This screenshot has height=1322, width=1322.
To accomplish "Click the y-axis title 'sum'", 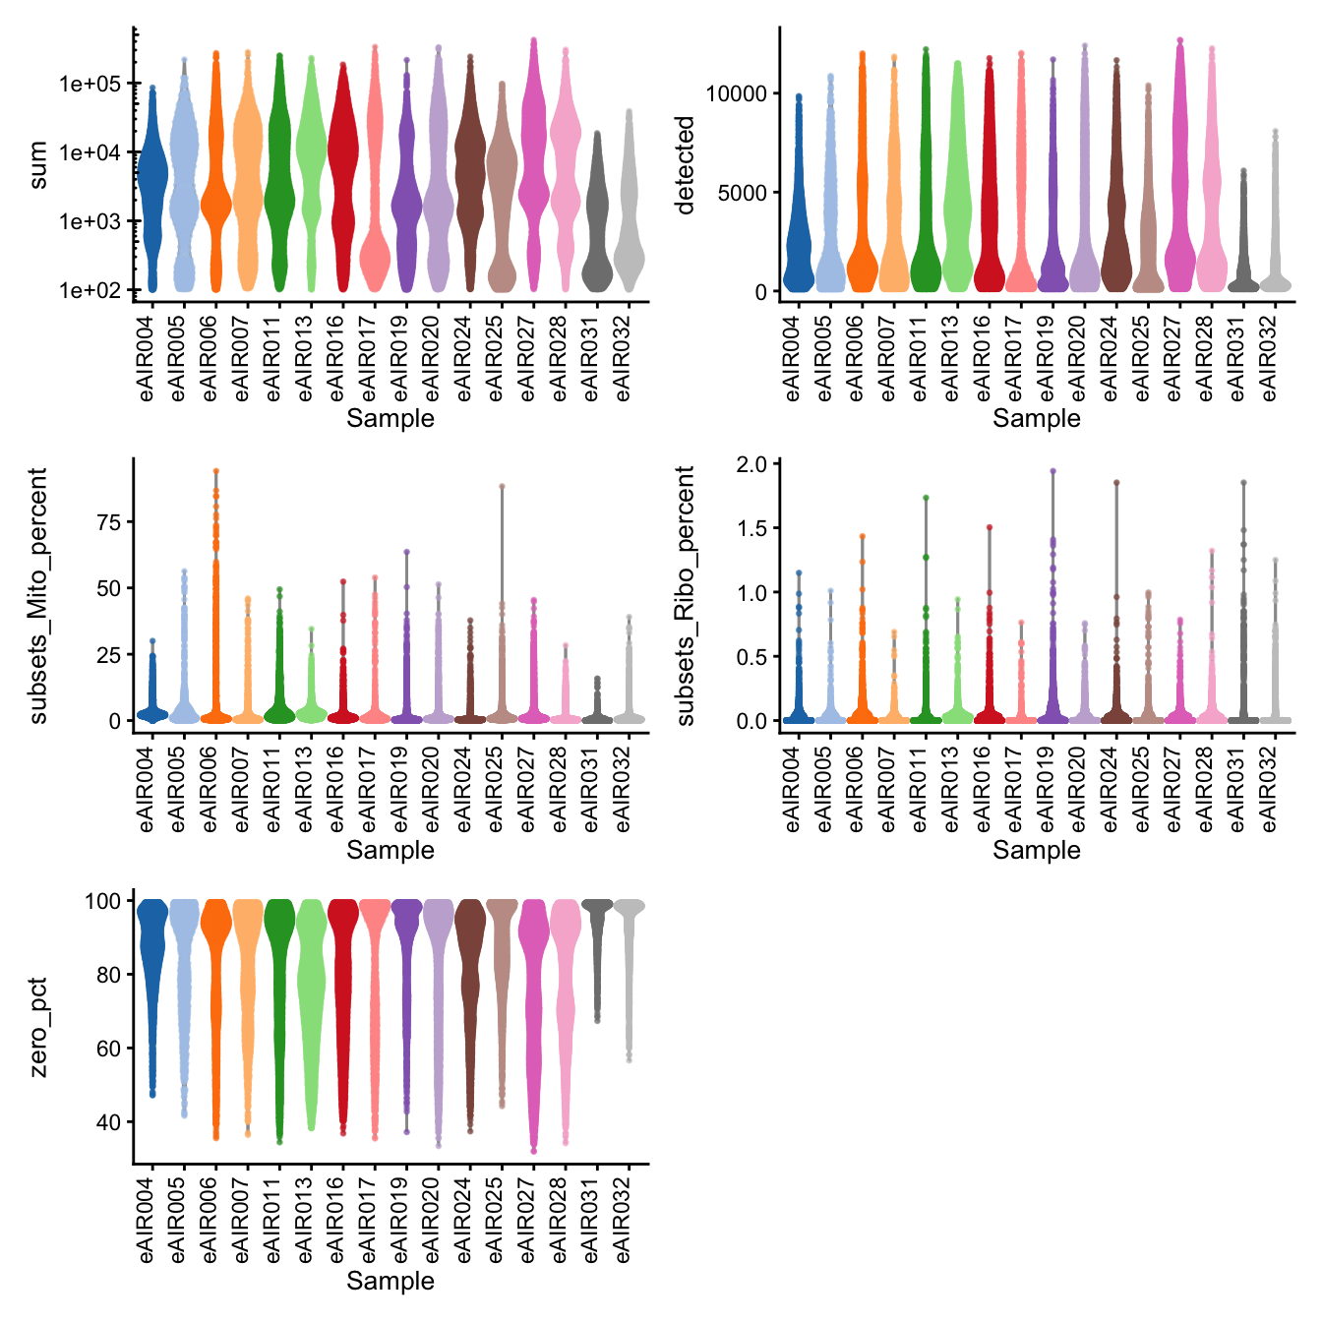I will click(x=38, y=164).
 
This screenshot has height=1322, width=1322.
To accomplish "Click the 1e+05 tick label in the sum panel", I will click(x=90, y=84).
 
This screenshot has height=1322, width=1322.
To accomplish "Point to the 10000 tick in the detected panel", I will click(x=736, y=93).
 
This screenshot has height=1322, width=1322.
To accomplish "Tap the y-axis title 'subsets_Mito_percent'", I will click(x=38, y=595).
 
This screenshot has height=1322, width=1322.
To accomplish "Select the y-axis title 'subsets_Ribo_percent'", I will click(x=686, y=595).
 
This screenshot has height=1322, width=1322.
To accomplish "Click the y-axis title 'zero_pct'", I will click(x=38, y=1027).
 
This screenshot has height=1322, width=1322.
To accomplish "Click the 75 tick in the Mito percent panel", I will click(x=108, y=522).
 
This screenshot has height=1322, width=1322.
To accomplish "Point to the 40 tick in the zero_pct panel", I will click(x=108, y=1122).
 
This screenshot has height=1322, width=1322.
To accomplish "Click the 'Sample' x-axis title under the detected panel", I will click(x=1036, y=418).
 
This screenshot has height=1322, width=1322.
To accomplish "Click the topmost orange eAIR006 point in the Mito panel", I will click(x=215, y=471).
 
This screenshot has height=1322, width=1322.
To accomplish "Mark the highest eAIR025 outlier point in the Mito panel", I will click(x=502, y=486).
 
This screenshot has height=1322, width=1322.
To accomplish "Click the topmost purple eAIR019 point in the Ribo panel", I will click(x=1052, y=471).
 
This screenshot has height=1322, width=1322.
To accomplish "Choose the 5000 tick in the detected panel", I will click(x=742, y=193).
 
